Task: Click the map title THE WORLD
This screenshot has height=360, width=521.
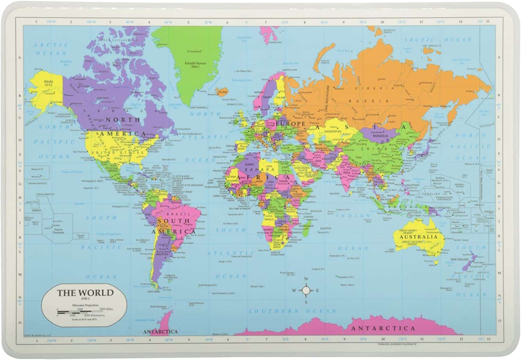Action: click(85, 293)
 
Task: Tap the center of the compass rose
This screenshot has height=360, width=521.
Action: click(306, 290)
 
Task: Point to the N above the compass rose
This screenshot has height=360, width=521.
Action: click(306, 279)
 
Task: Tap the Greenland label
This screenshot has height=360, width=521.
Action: click(194, 51)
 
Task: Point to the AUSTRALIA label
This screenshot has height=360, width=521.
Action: click(417, 237)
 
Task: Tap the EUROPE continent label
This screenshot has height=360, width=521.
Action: click(291, 124)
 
